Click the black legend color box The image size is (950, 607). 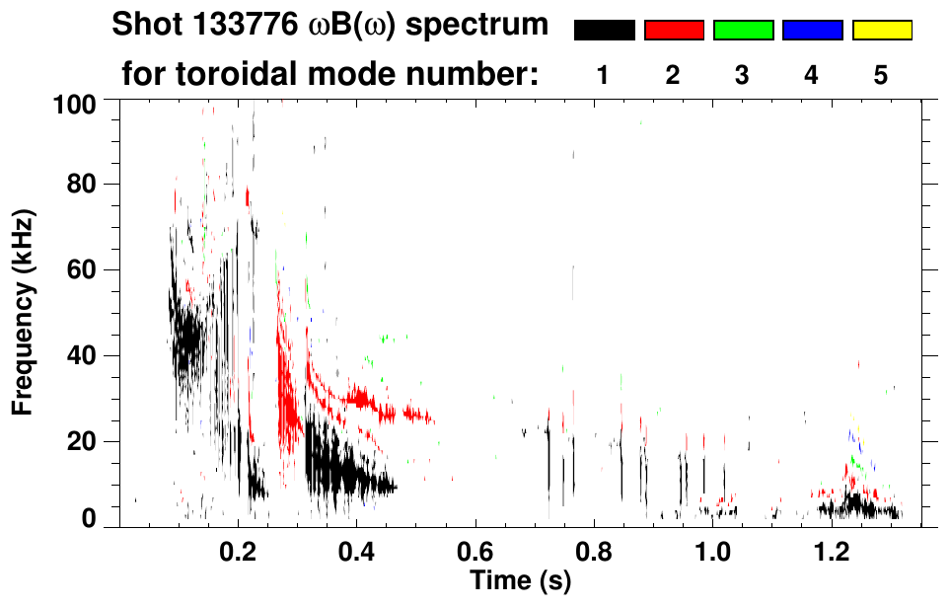pos(604,31)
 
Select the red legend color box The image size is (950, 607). pos(674,31)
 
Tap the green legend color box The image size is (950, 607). pos(743,31)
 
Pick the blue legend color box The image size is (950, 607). pos(812,31)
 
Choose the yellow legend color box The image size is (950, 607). pos(882,31)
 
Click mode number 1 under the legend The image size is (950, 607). pos(604,75)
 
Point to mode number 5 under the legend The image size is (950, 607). pos(882,75)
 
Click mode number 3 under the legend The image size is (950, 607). pos(743,75)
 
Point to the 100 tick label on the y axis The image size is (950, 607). pos(75,103)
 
